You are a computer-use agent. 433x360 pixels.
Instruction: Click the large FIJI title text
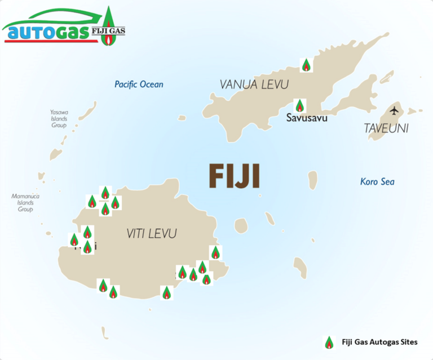(x=234, y=176)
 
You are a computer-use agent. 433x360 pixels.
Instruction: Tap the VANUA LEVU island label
(x=254, y=85)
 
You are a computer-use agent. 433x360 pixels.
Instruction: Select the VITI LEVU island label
(x=152, y=233)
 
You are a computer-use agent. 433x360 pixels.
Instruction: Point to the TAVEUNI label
(x=386, y=128)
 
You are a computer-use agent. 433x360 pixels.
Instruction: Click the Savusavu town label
(x=306, y=118)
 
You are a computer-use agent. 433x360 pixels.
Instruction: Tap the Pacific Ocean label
(x=139, y=85)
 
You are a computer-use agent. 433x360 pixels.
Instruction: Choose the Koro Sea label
(x=377, y=181)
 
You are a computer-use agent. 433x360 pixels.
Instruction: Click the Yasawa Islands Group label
(x=58, y=119)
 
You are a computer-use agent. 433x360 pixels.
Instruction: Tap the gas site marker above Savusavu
(x=300, y=105)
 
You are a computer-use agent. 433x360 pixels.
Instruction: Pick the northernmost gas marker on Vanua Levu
(x=306, y=65)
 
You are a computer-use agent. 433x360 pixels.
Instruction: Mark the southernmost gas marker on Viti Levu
(x=166, y=293)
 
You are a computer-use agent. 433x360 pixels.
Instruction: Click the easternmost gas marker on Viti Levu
(x=215, y=252)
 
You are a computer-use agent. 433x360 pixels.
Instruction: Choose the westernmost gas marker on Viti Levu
(x=74, y=240)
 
